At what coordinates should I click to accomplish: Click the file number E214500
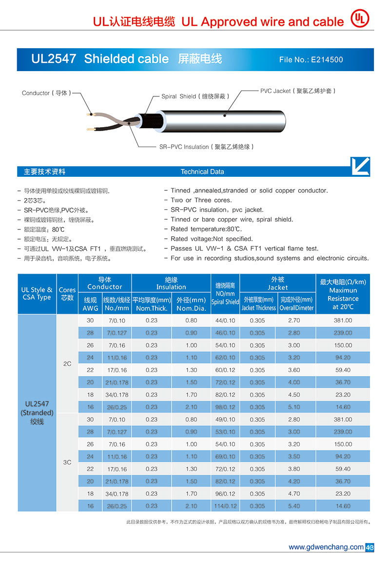311,60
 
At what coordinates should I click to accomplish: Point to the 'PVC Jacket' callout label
297,91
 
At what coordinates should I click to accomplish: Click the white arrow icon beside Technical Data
360,166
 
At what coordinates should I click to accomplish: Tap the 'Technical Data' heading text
202,172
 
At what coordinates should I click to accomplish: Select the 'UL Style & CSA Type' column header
37,294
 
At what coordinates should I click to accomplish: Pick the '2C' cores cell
67,364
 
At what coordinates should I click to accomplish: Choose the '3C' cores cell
67,462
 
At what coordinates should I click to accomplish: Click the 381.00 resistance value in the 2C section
343,321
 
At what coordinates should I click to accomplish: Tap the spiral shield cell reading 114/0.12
225,506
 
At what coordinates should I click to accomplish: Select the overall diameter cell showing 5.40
294,506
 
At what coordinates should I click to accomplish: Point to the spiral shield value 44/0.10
225,321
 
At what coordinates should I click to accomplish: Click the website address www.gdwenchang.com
326,547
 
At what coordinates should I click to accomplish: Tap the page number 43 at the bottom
370,547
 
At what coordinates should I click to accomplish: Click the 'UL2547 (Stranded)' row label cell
37,413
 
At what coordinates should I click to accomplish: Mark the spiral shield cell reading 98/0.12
225,407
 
